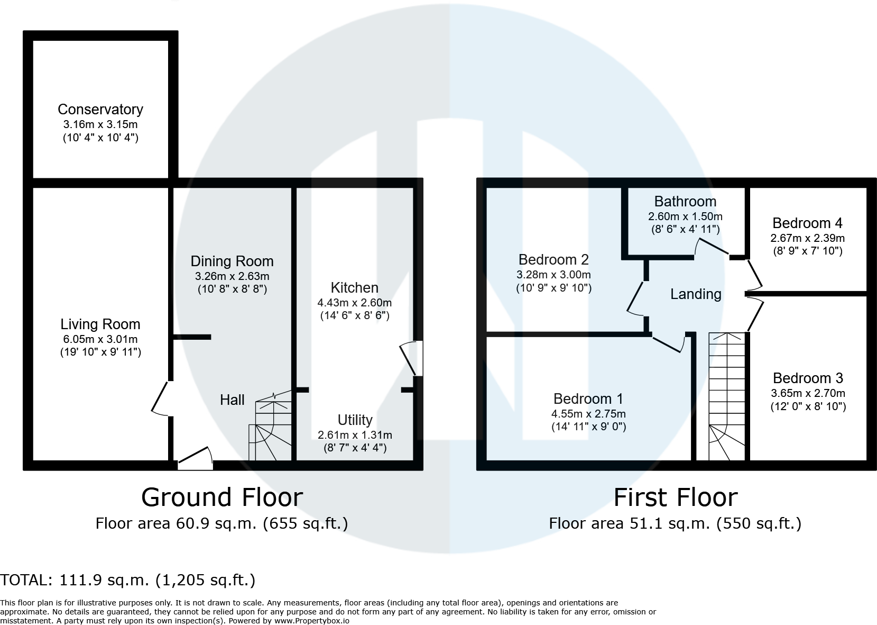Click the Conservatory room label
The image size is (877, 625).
pos(100,110)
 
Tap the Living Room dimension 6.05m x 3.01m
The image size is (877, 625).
pos(100,339)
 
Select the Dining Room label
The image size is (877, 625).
pos(232,261)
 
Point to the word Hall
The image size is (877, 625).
pos(232,400)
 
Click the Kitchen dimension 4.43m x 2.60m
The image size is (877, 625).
pos(354,303)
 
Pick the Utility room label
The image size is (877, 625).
pos(355,420)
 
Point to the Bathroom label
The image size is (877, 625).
pos(685,202)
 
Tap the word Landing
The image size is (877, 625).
pos(696,294)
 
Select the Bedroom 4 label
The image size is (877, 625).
pos(807,223)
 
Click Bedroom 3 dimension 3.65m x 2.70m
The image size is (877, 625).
pos(808,393)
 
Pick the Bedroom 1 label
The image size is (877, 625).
pos(588,399)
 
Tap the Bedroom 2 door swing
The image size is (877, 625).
pos(635,298)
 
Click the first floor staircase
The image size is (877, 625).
pos(727,396)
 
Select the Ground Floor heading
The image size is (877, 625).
pos(222,497)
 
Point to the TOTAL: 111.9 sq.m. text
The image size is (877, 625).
pos(127,580)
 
